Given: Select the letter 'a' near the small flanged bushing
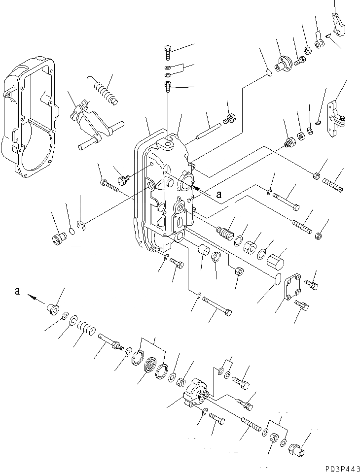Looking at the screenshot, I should (x=17, y=291).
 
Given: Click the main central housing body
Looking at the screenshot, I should (x=165, y=192).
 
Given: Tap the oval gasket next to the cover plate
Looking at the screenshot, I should (x=277, y=280).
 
